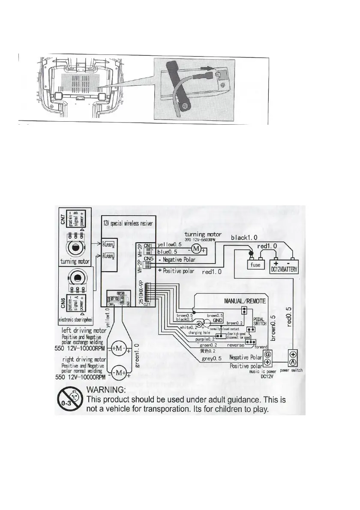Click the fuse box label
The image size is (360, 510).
(255, 265)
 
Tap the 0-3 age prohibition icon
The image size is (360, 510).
(69, 399)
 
